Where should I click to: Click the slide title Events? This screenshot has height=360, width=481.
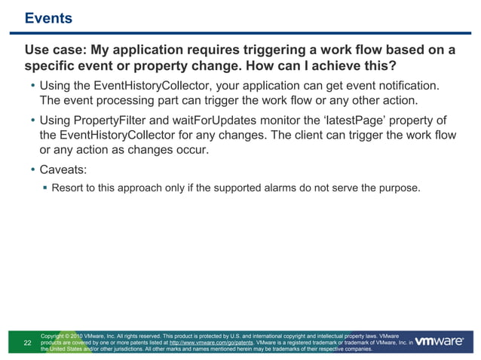pos(48,18)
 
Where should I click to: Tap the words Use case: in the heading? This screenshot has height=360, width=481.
pos(57,50)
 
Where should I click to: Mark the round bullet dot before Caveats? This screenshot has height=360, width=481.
pos(32,169)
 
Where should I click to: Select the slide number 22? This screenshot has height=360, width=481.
pos(28,343)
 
